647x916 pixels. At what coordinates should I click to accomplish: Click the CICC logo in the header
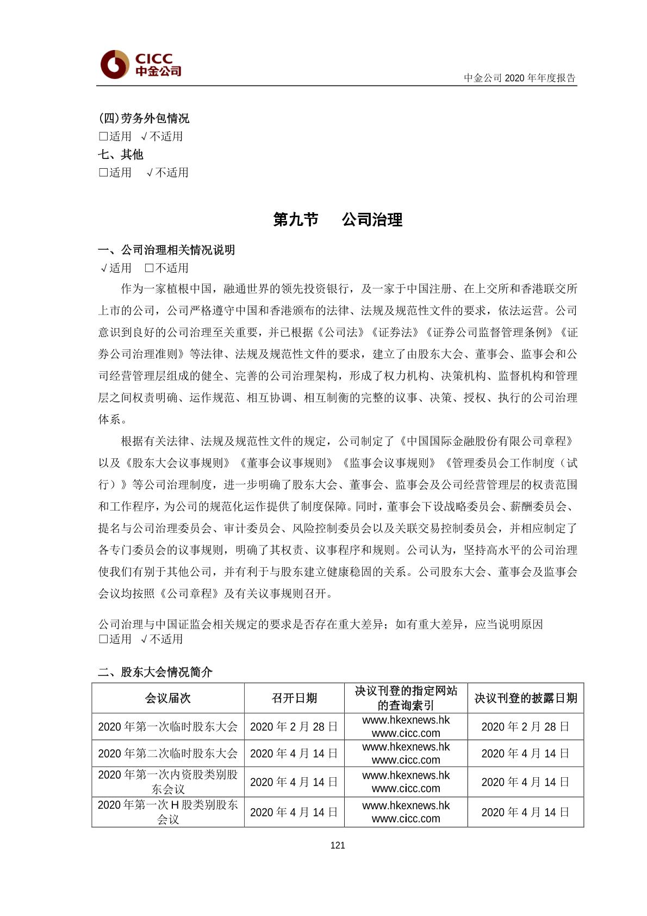pos(141,64)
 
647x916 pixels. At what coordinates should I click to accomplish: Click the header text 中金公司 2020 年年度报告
pos(519,78)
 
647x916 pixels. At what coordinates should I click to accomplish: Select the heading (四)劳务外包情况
pos(144,118)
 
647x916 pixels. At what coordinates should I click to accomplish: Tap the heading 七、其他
pos(121,155)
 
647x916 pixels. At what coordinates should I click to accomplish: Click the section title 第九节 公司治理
pos(338,219)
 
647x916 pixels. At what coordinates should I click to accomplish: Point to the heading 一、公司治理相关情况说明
pos(166,250)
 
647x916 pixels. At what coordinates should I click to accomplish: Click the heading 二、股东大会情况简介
pos(155,672)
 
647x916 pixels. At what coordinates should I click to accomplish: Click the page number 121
pos(338,845)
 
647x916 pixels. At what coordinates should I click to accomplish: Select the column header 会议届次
pos(167,698)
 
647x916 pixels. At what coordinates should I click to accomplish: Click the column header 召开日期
pos(294,698)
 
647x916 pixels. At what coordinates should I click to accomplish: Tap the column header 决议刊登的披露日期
pos(525,698)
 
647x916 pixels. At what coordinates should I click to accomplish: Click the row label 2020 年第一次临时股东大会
pos(167,727)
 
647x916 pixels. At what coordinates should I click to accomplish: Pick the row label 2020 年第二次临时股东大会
pos(167,754)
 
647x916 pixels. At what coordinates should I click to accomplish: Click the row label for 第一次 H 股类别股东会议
pos(167,812)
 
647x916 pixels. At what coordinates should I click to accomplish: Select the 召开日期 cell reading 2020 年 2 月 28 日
pos(294,727)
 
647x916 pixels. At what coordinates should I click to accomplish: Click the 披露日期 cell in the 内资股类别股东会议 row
pos(525,782)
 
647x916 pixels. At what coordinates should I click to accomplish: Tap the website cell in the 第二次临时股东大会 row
pos(406,754)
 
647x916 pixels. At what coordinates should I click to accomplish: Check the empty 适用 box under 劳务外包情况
pos(103,136)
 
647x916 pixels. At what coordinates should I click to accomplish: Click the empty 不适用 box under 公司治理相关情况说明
pos(150,268)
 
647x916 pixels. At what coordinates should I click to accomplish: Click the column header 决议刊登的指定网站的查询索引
pos(406,698)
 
